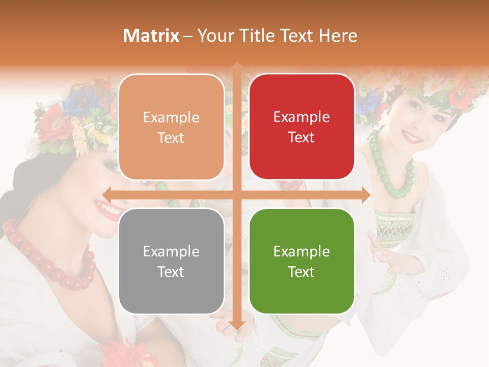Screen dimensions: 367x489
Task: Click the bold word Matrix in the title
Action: click(x=151, y=36)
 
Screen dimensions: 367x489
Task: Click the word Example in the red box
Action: click(x=302, y=117)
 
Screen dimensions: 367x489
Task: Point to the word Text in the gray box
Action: click(x=171, y=272)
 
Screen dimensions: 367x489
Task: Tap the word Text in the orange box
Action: click(x=171, y=138)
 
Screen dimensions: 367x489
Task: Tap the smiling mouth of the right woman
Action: click(x=413, y=137)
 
